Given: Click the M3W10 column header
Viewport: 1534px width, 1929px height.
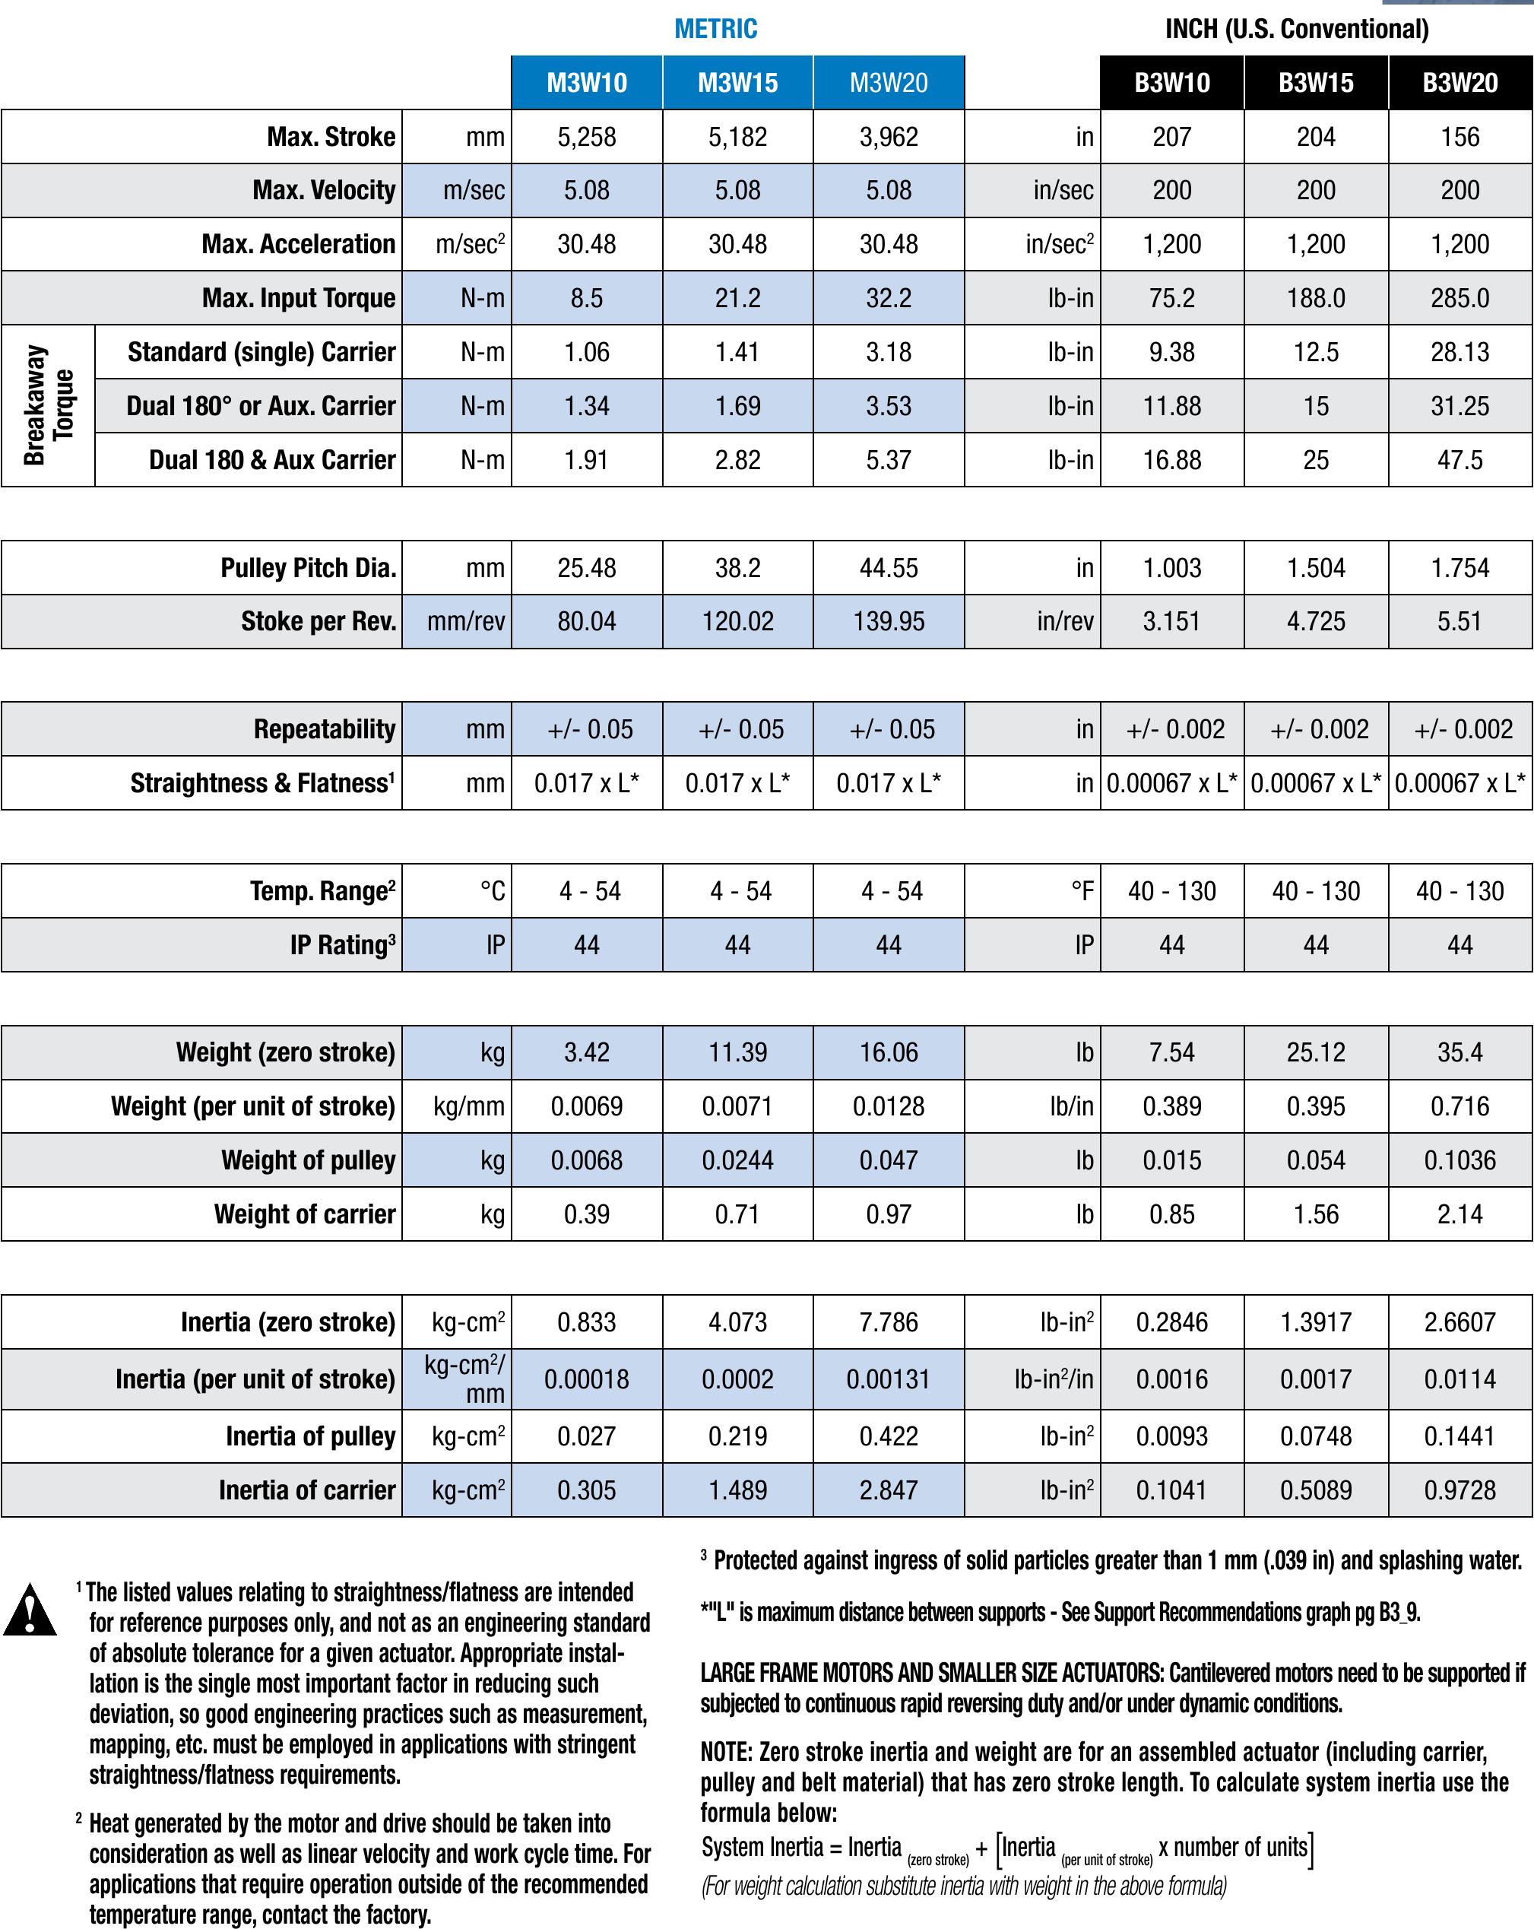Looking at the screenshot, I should [x=587, y=83].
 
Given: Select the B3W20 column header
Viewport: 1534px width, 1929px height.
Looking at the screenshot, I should [x=1460, y=83].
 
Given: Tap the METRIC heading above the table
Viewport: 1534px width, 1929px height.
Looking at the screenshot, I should [x=715, y=29].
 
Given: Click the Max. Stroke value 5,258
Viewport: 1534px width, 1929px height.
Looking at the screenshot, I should [x=587, y=137].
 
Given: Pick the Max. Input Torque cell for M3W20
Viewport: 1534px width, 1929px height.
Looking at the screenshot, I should [x=888, y=298].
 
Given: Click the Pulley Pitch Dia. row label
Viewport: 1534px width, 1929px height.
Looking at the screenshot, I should [x=309, y=568].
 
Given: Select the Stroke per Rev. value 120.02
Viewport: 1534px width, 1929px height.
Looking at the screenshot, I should [x=737, y=622].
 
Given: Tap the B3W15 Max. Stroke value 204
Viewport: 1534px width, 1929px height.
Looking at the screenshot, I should [x=1316, y=137].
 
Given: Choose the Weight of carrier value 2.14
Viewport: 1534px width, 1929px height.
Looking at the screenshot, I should [x=1460, y=1214].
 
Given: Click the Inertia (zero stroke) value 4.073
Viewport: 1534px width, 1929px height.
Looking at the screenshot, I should [x=737, y=1322].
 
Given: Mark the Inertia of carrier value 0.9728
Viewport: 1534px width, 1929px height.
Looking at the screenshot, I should [x=1460, y=1490].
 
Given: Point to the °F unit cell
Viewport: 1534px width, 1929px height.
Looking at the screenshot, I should [x=1082, y=891].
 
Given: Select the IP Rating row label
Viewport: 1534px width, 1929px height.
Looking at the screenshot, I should [x=343, y=945].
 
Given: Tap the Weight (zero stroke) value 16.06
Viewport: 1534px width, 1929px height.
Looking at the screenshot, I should [x=888, y=1052].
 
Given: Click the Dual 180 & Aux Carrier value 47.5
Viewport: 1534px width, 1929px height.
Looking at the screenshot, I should [x=1460, y=460].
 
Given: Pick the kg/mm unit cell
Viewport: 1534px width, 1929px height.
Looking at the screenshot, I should [x=469, y=1107].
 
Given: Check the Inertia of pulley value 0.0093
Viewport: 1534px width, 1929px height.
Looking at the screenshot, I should [x=1171, y=1437].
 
